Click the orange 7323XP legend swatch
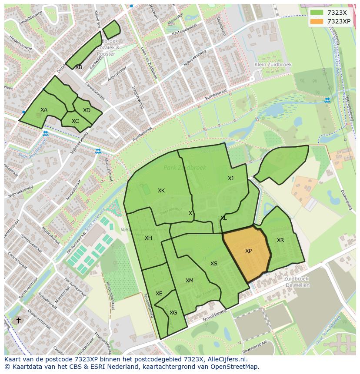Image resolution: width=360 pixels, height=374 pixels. [317, 21]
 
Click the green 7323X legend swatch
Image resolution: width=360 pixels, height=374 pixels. [317, 13]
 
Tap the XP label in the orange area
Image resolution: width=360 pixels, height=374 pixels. [248, 251]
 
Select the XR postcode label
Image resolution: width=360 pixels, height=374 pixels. [280, 240]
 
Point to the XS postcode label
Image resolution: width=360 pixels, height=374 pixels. [214, 264]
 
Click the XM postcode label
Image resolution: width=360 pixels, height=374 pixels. [190, 281]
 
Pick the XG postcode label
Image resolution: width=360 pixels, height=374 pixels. [173, 313]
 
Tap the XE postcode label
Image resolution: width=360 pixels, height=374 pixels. [159, 294]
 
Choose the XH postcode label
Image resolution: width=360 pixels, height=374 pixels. [149, 238]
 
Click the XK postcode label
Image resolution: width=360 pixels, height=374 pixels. [161, 191]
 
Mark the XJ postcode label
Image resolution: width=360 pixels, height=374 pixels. [231, 179]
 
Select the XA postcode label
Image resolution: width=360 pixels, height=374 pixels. [44, 110]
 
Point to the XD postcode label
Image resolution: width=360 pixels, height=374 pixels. [87, 110]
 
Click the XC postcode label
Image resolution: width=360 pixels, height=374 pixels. [75, 121]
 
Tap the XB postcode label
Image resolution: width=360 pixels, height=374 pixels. [79, 67]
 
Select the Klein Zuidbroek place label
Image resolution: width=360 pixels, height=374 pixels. [273, 65]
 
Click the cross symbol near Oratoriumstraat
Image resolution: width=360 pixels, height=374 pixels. [18, 320]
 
